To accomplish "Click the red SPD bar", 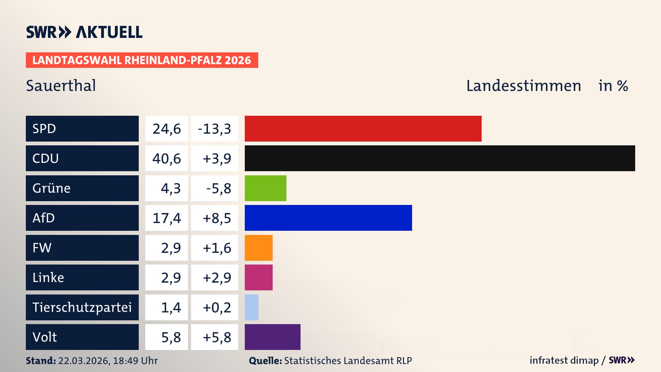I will [363, 128].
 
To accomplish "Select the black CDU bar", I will [440, 158].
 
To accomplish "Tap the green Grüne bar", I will [265, 188].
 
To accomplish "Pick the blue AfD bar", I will [328, 218].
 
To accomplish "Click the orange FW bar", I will [259, 248].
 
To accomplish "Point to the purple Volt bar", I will [272, 337].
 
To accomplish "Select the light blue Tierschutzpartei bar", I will [252, 307].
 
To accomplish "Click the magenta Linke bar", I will [259, 278].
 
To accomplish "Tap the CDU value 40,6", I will [167, 158].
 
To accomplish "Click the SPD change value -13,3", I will [214, 129].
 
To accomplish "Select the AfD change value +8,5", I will [217, 218].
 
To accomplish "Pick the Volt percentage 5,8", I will [171, 337].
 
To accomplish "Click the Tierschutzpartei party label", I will [82, 307].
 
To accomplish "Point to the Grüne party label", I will [52, 188].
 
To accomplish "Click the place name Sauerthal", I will [61, 85].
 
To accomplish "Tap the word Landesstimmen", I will [523, 85].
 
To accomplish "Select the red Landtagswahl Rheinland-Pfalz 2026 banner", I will [142, 60].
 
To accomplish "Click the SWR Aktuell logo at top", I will [84, 32].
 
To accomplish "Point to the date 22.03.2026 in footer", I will [84, 361].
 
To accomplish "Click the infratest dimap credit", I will [564, 360].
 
